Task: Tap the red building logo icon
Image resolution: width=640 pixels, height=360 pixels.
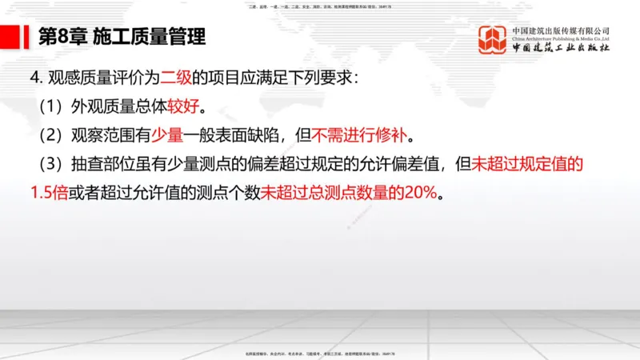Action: (x=493, y=39)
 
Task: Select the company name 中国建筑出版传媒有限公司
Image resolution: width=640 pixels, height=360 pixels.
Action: (x=560, y=30)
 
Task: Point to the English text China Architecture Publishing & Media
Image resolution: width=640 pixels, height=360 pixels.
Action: (x=560, y=38)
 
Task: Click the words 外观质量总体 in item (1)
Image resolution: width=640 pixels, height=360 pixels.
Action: (x=118, y=106)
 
